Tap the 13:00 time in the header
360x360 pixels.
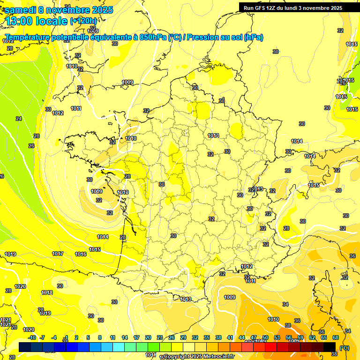[x=20, y=21]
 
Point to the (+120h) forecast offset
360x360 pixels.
[x=83, y=21]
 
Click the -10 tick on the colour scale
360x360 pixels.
[x=32, y=337]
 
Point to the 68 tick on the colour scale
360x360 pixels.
[x=336, y=337]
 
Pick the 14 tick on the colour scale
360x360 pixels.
[x=125, y=337]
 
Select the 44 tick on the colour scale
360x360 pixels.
[x=242, y=337]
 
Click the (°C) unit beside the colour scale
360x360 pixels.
[x=345, y=348]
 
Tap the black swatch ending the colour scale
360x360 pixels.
[x=330, y=347]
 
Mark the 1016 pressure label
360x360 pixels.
[x=81, y=254]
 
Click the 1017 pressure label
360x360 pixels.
[x=58, y=254]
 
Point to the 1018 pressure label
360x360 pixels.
[x=47, y=292]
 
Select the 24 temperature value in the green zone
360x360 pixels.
[x=19, y=119]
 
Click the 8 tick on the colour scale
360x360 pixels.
[x=100, y=337]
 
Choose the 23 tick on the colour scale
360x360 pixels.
[x=160, y=337]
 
